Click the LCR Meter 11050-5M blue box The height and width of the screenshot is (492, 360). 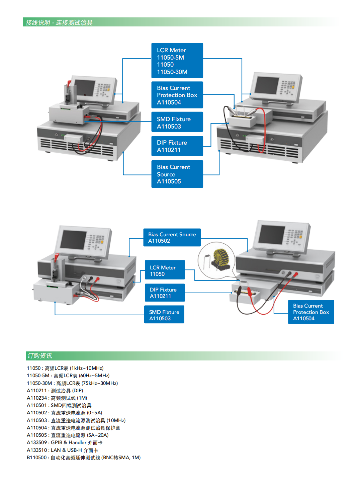coord(177,61)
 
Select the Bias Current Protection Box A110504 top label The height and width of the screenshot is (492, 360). coord(177,95)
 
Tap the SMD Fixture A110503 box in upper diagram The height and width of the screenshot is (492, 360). coord(177,122)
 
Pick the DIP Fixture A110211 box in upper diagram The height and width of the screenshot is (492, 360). coord(177,146)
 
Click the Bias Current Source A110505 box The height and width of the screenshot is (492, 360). coord(177,174)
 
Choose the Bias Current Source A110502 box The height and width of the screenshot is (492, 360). coord(172,238)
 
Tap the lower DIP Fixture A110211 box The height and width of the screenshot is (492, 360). coord(165,293)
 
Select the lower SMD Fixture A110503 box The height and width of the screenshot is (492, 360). coord(164,315)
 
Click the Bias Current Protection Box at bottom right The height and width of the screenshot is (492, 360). coord(311,312)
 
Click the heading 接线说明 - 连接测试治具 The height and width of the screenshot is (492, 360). coord(59,22)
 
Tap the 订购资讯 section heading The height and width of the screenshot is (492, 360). coord(40,356)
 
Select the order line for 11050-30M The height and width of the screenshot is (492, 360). coord(72,383)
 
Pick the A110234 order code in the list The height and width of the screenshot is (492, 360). coord(37,398)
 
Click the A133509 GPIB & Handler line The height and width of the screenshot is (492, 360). coord(65,442)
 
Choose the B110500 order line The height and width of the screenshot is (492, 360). coord(84,458)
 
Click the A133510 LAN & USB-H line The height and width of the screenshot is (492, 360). coord(62,450)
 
